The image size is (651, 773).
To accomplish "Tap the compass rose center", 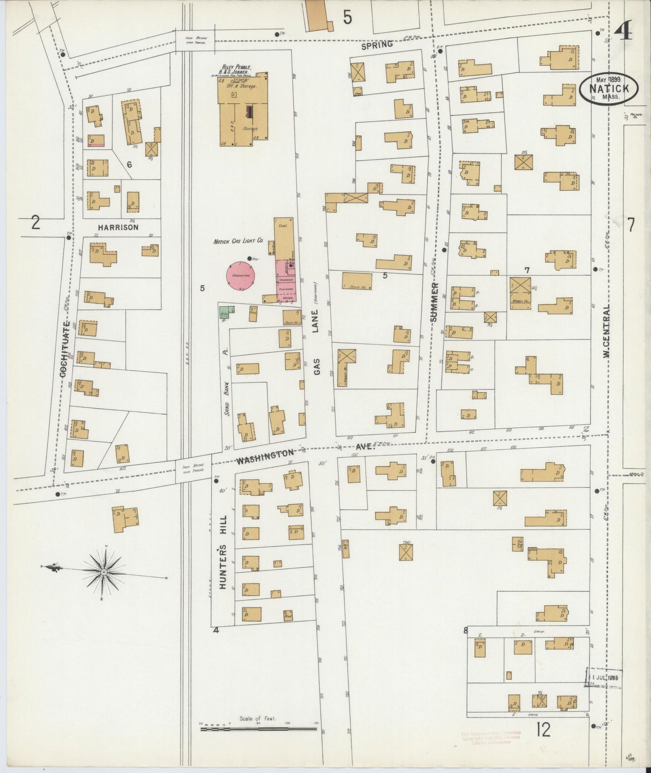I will (104, 572).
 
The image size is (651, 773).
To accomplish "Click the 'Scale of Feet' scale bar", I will (259, 726).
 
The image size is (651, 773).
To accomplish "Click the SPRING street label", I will (377, 45).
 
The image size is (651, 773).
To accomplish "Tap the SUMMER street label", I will (434, 302).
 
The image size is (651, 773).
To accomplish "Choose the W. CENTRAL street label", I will (606, 331).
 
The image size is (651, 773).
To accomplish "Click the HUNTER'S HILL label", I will (223, 552).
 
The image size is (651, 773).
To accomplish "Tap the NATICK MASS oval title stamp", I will (608, 88).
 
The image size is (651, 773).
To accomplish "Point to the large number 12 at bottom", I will (544, 729).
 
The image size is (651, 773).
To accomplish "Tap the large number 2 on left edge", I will (36, 223).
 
